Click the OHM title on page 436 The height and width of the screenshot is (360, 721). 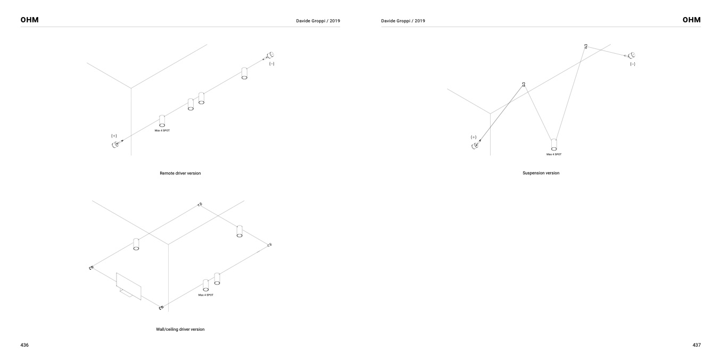click(x=30, y=20)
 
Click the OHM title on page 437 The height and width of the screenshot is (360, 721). click(x=691, y=20)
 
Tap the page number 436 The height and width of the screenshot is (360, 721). click(x=24, y=345)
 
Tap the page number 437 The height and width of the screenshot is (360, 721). click(x=697, y=345)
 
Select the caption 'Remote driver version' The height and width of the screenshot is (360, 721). click(x=180, y=173)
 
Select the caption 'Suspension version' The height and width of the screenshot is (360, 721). click(x=541, y=173)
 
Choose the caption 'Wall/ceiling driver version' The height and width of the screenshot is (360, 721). click(x=180, y=329)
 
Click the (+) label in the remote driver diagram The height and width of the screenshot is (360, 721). click(x=114, y=136)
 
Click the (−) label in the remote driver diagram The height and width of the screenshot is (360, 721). click(x=272, y=64)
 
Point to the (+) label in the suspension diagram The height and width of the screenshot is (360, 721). click(x=474, y=137)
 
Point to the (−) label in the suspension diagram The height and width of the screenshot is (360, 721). click(x=633, y=64)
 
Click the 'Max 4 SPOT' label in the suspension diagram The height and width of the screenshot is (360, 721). click(x=553, y=154)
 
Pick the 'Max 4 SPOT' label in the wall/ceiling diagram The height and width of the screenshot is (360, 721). click(x=206, y=295)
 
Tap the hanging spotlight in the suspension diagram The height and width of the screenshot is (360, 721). click(x=554, y=145)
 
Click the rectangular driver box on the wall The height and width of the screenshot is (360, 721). click(x=128, y=286)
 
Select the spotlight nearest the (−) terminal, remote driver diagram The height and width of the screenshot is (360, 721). click(x=244, y=73)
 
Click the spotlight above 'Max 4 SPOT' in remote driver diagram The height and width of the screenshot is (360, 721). click(x=162, y=121)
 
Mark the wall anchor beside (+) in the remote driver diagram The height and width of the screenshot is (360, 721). click(x=115, y=145)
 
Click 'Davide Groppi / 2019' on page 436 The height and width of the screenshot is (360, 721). click(x=318, y=21)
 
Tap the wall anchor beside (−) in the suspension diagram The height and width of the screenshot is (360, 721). click(x=631, y=55)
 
